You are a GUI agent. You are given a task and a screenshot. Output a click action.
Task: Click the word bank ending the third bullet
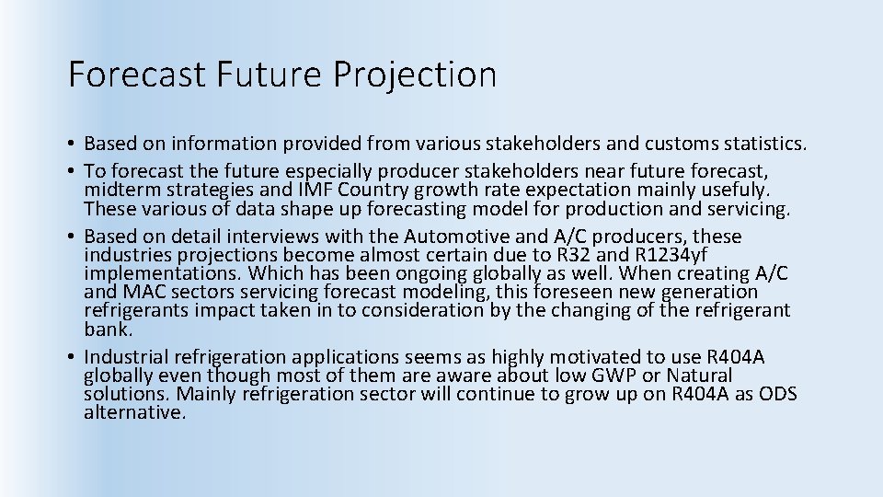pyautogui.click(x=108, y=329)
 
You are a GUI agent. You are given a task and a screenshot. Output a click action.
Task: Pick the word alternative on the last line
pyautogui.click(x=134, y=412)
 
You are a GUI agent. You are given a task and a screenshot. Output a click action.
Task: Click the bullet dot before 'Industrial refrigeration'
pyautogui.click(x=72, y=357)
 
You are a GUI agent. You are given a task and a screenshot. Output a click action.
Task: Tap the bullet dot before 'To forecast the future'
pyautogui.click(x=72, y=171)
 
